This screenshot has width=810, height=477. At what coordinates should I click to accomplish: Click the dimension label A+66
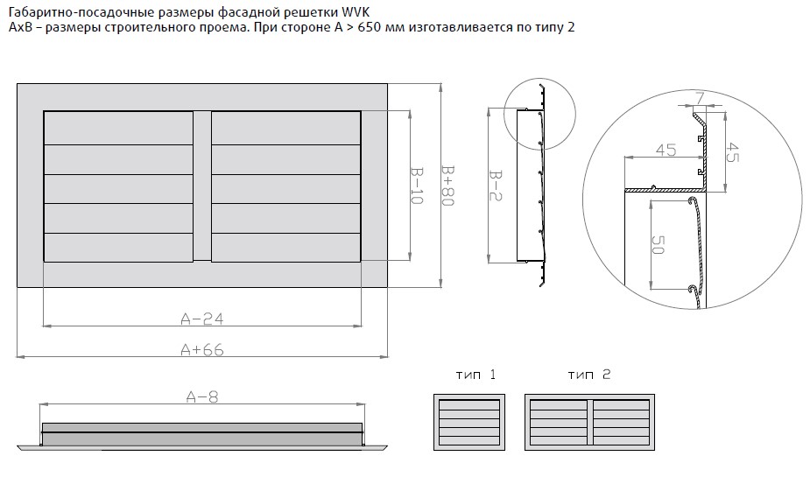(202, 349)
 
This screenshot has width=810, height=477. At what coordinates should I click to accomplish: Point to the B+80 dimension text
(447, 186)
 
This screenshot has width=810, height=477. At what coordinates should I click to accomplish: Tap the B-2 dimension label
(497, 186)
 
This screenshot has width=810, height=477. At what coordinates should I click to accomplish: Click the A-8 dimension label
(202, 396)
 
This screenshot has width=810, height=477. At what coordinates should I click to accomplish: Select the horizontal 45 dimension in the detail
(666, 150)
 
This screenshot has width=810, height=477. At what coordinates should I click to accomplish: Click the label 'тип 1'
(475, 375)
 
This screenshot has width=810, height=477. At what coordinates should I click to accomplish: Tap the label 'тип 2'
(588, 375)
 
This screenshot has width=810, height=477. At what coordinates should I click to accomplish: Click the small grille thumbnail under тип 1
(471, 422)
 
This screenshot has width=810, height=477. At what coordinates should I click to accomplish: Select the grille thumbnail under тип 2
(589, 422)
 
